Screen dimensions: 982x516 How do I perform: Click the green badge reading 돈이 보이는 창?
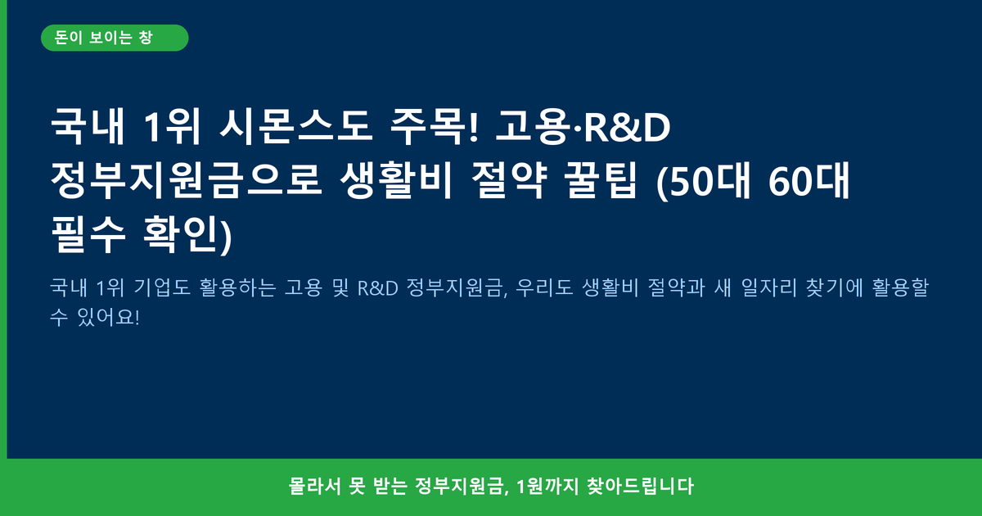click(115, 38)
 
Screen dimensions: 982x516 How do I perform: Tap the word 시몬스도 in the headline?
click(296, 127)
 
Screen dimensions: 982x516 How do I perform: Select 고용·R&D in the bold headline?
click(583, 127)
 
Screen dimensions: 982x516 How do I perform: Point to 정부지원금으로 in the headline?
click(187, 180)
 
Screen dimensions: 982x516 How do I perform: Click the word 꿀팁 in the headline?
click(600, 180)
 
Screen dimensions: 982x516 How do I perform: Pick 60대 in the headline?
click(809, 180)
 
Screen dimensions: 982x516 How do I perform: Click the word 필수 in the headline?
click(88, 234)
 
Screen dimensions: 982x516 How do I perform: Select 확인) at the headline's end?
click(187, 235)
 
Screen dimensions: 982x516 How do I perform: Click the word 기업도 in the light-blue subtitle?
click(162, 287)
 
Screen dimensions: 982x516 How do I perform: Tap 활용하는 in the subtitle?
click(237, 287)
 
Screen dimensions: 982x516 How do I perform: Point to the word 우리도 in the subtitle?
click(544, 287)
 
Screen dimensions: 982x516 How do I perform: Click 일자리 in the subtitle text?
click(769, 287)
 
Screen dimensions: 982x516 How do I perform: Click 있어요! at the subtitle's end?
click(108, 317)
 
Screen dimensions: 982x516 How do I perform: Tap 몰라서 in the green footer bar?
click(314, 487)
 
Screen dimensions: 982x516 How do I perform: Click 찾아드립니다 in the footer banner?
click(641, 487)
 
